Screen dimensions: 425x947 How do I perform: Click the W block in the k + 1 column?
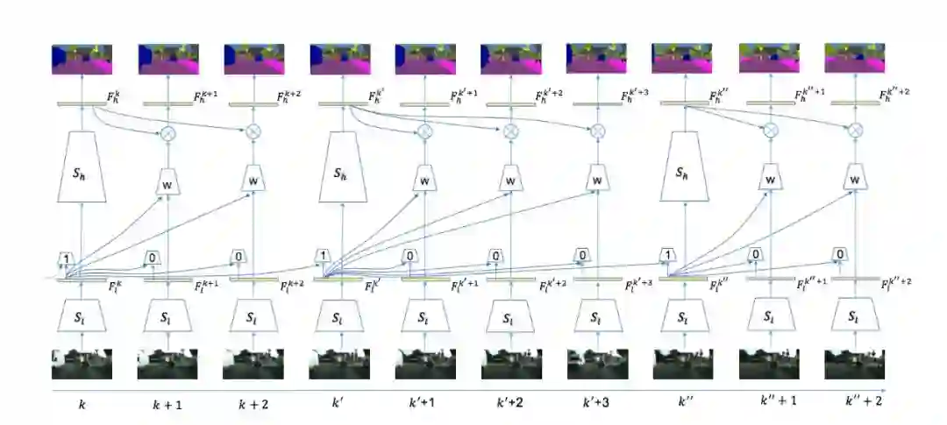point(167,181)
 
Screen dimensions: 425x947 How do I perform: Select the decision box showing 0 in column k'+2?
point(495,257)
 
